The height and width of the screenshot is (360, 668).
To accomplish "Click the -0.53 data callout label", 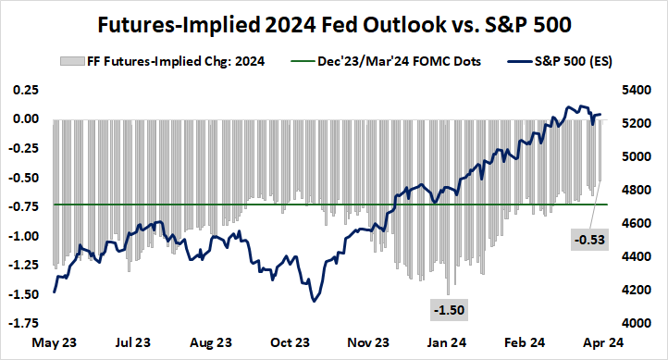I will coord(588,241).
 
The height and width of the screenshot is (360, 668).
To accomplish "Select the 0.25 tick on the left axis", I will coord(24,90).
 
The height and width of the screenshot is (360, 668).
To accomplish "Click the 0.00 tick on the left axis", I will coord(24,119).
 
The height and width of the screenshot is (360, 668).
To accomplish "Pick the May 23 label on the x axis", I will coord(55,341).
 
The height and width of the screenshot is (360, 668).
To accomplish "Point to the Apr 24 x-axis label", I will coord(603,341).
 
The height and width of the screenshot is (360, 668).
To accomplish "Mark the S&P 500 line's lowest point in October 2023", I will coord(315,301).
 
